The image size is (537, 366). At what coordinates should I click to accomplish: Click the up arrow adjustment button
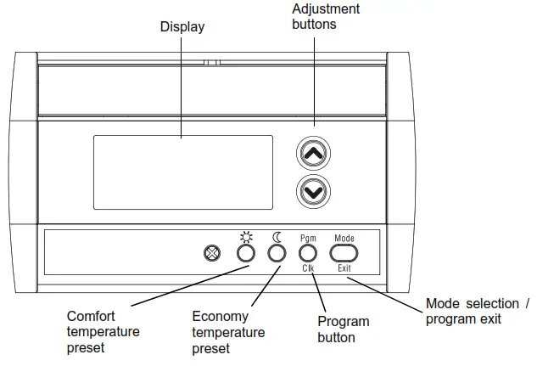click(x=313, y=154)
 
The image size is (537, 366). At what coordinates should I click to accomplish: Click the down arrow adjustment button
click(x=313, y=192)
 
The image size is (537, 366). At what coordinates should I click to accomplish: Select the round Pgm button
click(x=308, y=253)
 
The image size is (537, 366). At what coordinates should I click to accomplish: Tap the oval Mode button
click(x=344, y=253)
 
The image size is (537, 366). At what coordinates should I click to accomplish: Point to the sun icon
click(x=245, y=237)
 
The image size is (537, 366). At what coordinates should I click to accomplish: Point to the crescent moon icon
click(x=277, y=237)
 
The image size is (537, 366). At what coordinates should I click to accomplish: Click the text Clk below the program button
click(x=308, y=268)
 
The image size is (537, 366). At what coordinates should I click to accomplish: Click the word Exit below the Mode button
click(x=344, y=268)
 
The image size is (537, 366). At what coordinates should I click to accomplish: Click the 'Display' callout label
click(x=182, y=27)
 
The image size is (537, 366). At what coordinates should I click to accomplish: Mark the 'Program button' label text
click(x=343, y=329)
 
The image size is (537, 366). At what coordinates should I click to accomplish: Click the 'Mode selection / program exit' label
click(x=477, y=311)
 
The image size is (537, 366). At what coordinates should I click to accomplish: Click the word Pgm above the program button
click(x=308, y=239)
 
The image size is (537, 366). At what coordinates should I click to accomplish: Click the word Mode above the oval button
click(x=344, y=239)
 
